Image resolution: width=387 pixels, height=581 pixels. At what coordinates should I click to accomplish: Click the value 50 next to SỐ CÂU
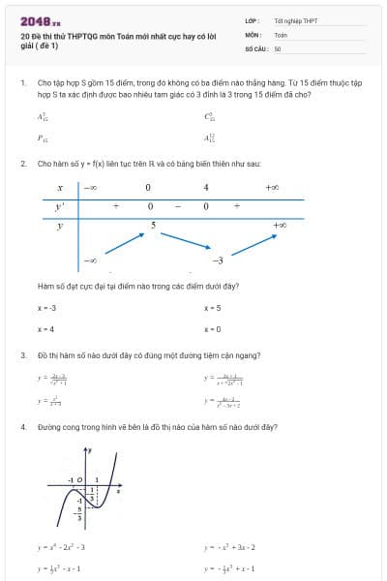point(278,47)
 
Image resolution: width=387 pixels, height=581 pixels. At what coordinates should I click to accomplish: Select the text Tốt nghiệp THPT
point(294,20)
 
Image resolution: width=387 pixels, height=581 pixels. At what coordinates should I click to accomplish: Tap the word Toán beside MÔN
point(281,34)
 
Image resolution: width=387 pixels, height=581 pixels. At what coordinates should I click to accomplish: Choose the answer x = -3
point(47,308)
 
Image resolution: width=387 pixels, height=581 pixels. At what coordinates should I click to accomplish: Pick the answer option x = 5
point(213,308)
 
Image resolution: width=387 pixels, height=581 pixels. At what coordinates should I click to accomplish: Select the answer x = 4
point(45,329)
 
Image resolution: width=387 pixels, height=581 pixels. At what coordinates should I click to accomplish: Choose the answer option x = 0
point(213,329)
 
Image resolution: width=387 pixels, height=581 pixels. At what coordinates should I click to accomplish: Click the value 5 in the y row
point(153,225)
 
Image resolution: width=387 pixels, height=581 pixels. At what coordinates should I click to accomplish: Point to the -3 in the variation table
point(218,260)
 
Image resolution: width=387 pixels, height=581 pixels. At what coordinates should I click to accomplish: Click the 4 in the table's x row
point(206,187)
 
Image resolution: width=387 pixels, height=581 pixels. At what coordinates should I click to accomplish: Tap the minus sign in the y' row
point(177,206)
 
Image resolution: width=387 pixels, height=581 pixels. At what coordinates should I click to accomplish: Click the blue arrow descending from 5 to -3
point(184,242)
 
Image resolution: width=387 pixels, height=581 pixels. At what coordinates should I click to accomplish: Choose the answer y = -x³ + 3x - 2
point(230,547)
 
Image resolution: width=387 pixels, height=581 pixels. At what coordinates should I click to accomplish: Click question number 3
point(23,355)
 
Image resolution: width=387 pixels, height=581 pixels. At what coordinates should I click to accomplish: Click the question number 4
point(23,426)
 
